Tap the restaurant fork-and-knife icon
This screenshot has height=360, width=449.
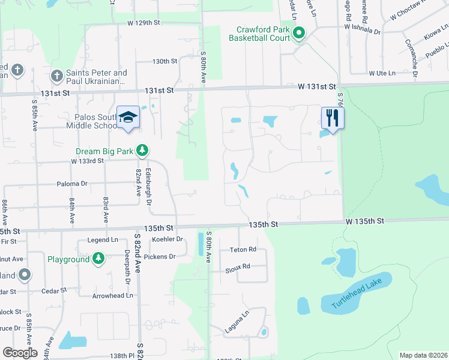click(332, 116)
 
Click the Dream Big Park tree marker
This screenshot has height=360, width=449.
click(142, 150)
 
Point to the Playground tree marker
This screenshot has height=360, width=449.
click(98, 259)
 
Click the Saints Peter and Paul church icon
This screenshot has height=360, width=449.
click(57, 76)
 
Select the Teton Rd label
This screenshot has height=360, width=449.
click(243, 250)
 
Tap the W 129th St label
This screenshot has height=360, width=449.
click(145, 23)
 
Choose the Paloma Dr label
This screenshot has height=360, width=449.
click(72, 184)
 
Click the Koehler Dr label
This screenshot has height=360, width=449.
click(167, 239)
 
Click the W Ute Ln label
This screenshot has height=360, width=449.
click(382, 73)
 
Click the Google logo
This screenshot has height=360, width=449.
click(20, 352)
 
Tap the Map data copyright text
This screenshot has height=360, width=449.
click(423, 355)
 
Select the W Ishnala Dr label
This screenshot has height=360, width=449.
click(363, 26)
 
